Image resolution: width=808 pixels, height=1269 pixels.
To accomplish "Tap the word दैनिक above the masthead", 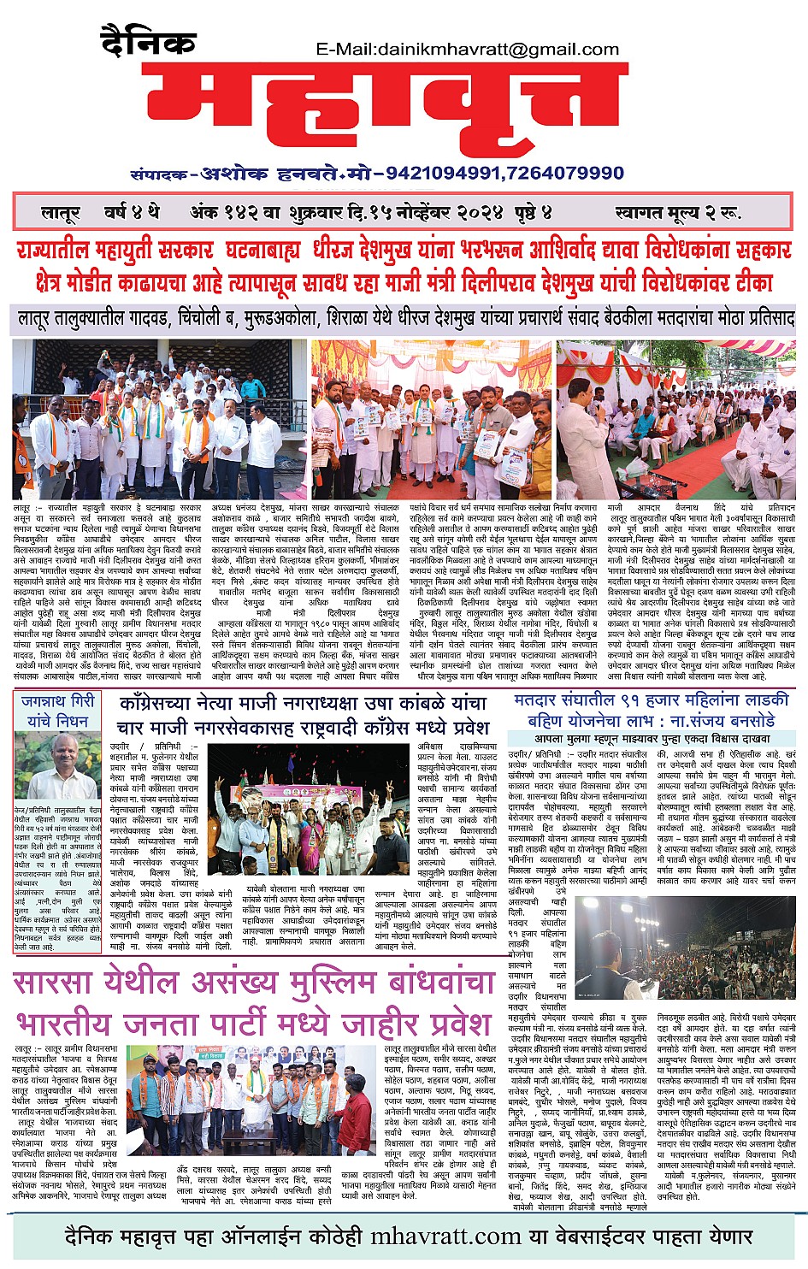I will click(x=148, y=39).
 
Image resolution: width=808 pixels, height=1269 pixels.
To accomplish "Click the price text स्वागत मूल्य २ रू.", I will click(x=677, y=213).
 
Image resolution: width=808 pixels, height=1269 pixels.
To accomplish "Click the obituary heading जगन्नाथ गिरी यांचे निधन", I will click(x=58, y=711).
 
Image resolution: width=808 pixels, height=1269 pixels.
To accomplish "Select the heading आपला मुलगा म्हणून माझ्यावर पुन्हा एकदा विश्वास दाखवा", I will click(x=652, y=738).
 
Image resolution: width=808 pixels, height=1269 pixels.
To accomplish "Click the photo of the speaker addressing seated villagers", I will click(x=675, y=419).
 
